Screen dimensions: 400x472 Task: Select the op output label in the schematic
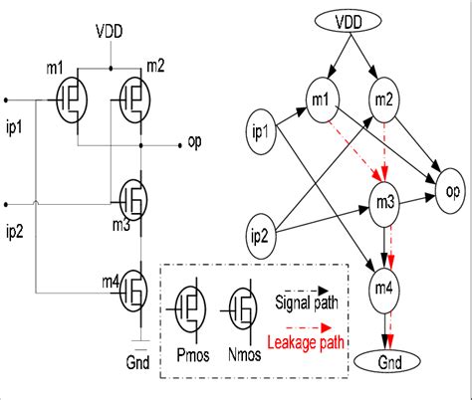pos(194,142)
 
